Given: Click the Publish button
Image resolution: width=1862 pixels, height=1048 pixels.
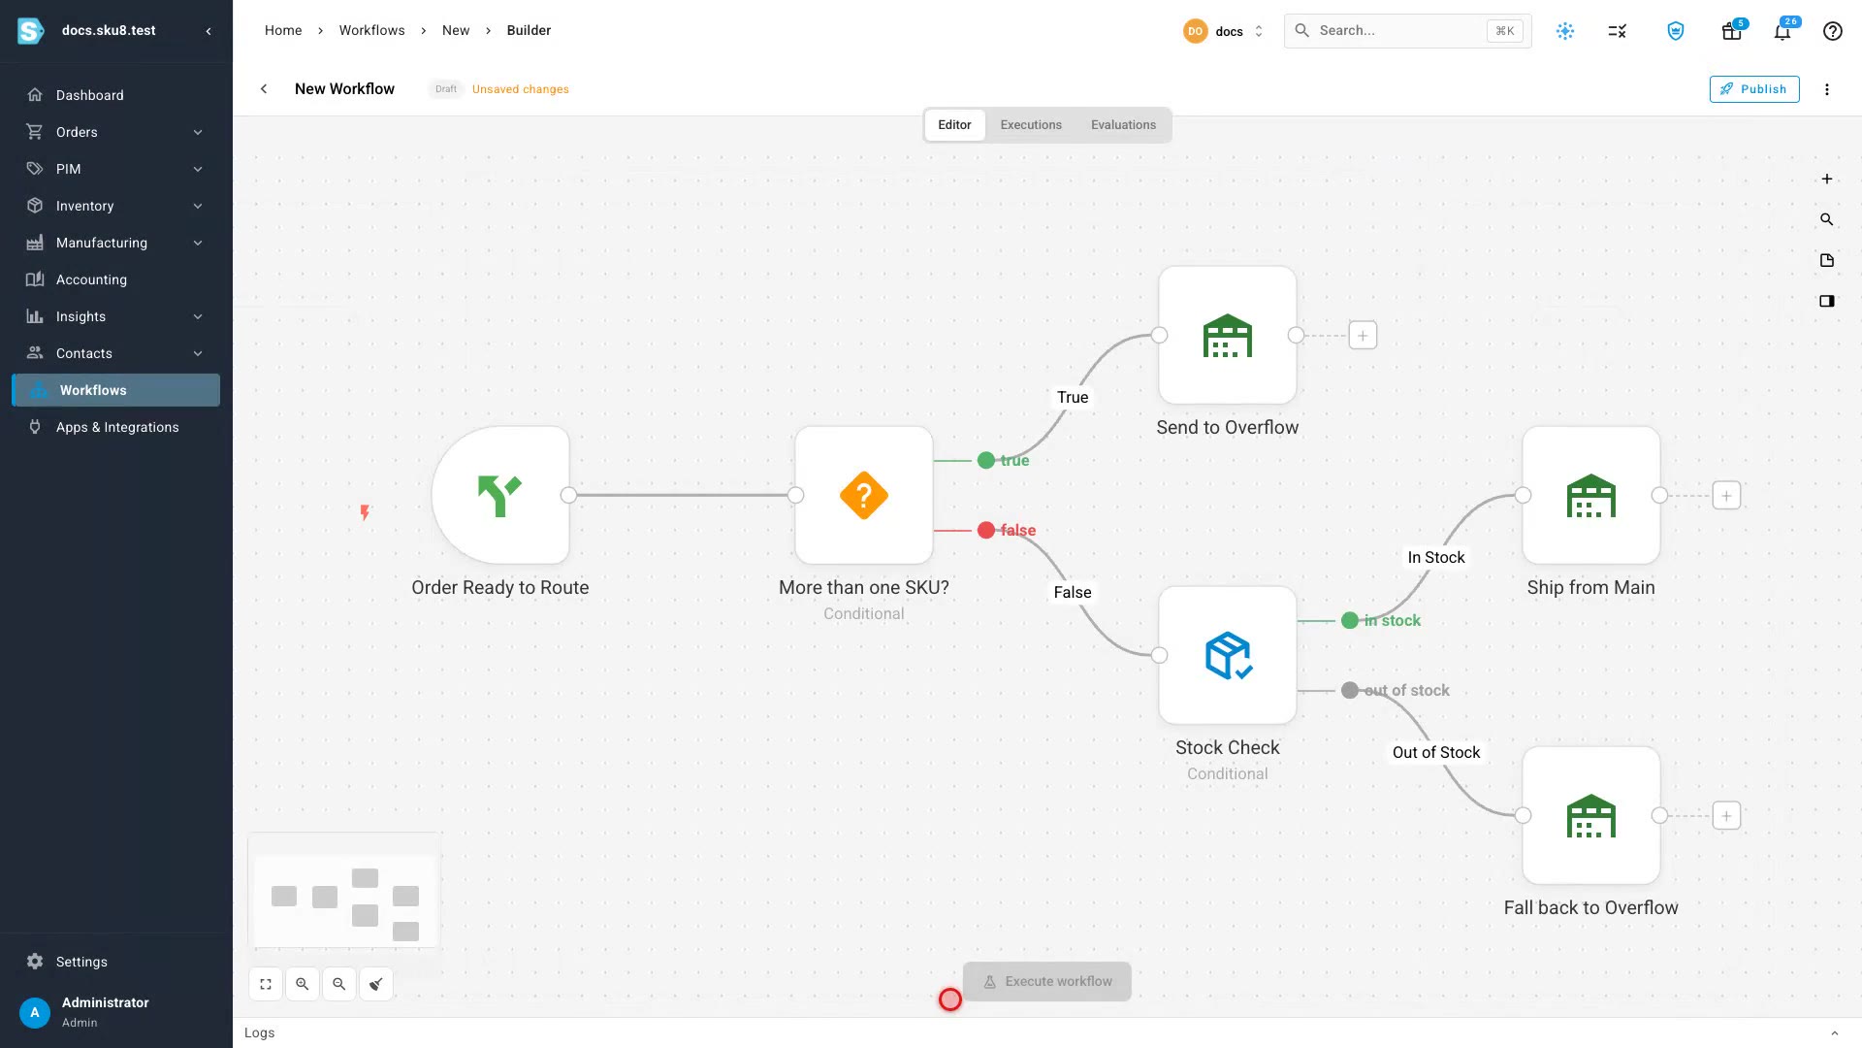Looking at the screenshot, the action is pos(1753,89).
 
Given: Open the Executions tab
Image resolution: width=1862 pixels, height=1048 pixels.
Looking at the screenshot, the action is pos(1031,125).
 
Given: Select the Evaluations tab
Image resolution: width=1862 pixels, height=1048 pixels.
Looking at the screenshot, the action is pos(1123,125).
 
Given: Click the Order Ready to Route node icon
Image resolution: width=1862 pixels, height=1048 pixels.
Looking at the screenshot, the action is pos(500,495).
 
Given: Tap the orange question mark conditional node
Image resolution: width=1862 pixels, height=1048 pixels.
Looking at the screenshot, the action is pos(864,495).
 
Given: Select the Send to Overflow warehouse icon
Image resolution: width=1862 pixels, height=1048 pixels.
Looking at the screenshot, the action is pos(1228,335).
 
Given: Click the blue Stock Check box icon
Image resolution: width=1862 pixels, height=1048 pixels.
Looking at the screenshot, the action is pos(1228,655).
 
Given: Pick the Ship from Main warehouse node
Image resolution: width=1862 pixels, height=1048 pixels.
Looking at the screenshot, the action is pos(1591,495).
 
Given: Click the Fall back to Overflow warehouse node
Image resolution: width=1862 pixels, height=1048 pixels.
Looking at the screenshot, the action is pos(1591,815).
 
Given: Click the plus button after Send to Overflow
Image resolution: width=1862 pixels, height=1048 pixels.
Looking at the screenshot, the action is pos(1363,336).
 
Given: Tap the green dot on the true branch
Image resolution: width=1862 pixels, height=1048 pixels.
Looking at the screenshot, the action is pos(986,461).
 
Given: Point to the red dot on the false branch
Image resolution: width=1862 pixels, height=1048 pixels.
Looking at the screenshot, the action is pos(986,530).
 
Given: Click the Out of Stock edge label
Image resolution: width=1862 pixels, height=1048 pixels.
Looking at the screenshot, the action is pos(1436,752).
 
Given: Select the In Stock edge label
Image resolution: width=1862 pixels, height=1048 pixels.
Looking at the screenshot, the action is pos(1436,557).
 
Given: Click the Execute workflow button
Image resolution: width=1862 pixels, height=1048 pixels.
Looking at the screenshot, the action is pos(1047,982).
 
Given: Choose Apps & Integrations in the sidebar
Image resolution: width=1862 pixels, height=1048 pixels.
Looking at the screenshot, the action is pos(116,427).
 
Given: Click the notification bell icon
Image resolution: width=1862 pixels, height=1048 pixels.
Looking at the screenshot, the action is pos(1782,31).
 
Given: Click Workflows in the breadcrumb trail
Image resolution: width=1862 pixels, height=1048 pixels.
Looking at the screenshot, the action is pos(371,30).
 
